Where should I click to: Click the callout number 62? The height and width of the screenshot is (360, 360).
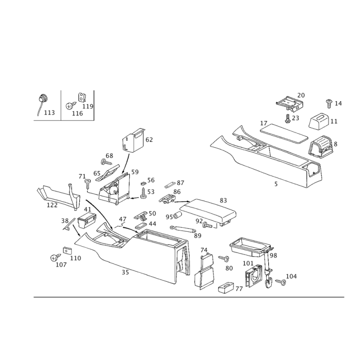point(149,140)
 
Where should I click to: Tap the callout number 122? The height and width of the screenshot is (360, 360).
point(52,205)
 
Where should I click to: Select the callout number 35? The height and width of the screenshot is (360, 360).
point(126,273)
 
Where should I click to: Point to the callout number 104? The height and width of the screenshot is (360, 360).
point(292,275)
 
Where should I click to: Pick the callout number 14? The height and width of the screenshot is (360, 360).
point(338,103)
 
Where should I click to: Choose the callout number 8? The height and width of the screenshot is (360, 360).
point(335,144)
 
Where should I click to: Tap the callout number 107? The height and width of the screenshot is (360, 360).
point(61,265)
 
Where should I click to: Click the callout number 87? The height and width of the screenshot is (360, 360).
point(181,183)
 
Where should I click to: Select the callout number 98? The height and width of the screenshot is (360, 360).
point(274,255)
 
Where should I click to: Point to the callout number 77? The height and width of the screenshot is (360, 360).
point(239,289)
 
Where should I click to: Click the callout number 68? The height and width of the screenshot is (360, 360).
point(109,156)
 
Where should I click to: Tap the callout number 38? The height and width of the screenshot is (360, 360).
point(65,220)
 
